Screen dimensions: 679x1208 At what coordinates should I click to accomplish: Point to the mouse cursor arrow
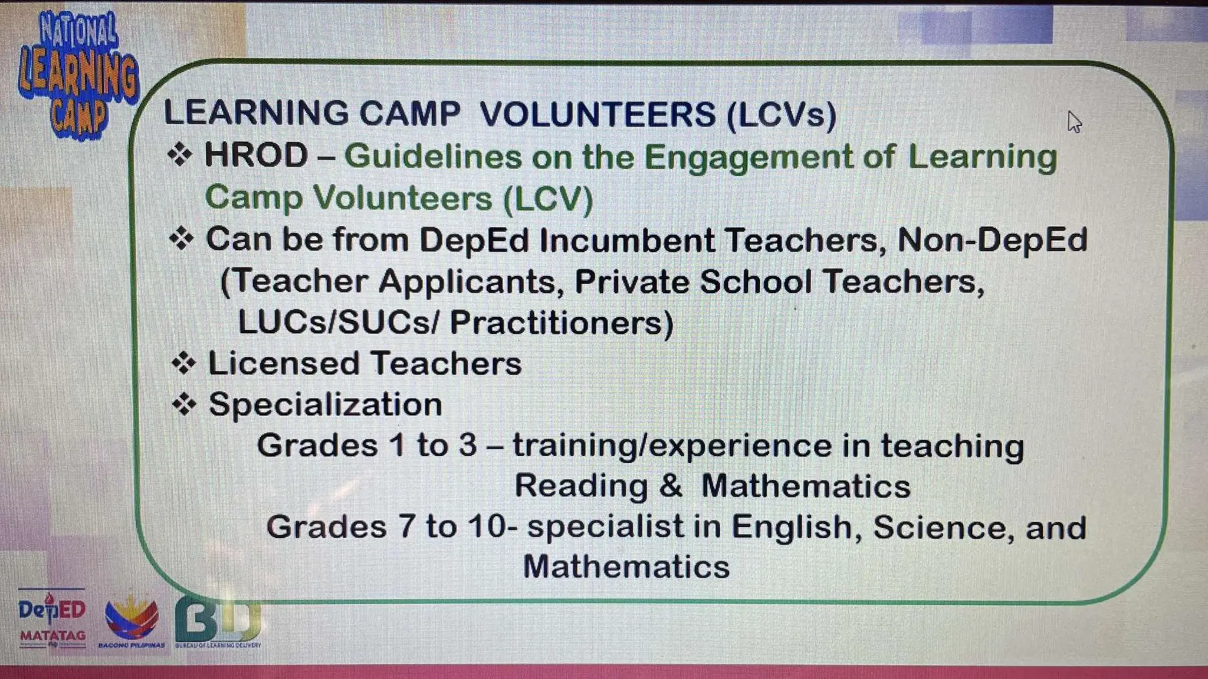click(x=1074, y=121)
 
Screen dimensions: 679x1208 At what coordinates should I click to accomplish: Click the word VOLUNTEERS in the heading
click(x=598, y=114)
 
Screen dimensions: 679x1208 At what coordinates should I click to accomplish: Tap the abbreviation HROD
click(x=256, y=156)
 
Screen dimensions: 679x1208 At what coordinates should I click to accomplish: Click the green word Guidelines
click(x=433, y=157)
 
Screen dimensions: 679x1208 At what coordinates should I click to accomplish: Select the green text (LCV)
click(x=548, y=198)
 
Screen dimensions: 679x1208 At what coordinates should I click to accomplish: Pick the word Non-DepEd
click(x=992, y=240)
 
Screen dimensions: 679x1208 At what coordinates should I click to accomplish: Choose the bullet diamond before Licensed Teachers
click(x=183, y=363)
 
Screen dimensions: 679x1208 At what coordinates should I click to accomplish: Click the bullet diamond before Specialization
click(x=184, y=404)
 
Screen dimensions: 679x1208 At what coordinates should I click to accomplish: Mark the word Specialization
click(x=325, y=405)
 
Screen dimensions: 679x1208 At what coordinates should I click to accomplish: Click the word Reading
click(x=581, y=486)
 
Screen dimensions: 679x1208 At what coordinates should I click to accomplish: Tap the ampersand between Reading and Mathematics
click(x=671, y=486)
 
